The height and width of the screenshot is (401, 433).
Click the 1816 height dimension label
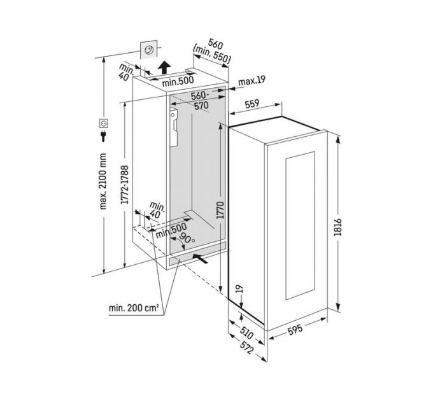click(337, 227)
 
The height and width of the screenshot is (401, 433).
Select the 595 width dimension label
click(295, 329)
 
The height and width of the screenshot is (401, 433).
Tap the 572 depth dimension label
click(246, 348)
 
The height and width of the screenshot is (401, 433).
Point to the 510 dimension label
click(246, 333)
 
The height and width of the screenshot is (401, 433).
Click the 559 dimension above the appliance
click(252, 104)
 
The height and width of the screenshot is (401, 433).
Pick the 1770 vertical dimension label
click(220, 210)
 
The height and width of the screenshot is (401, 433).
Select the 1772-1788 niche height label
click(125, 185)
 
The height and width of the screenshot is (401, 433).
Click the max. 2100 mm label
click(103, 181)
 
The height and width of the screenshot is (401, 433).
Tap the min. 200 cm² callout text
click(134, 307)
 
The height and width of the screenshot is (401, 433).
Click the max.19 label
click(252, 80)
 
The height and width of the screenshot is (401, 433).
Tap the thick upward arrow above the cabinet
click(164, 67)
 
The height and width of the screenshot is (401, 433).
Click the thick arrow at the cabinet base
click(200, 258)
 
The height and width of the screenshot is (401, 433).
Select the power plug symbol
click(103, 136)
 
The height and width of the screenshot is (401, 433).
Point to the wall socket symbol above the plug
click(104, 123)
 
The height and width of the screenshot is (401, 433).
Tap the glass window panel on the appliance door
click(300, 225)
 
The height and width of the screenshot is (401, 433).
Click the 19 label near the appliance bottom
click(240, 289)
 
